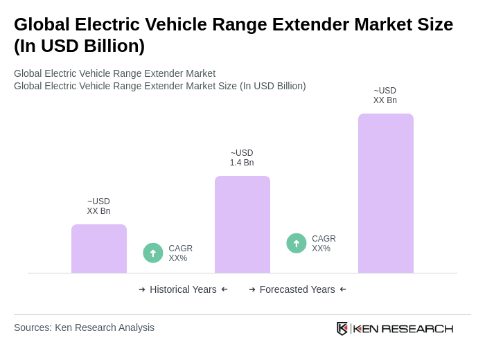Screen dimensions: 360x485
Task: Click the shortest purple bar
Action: (x=99, y=249)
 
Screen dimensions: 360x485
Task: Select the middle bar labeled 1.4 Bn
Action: (x=242, y=224)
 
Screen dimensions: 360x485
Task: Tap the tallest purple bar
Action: (x=385, y=193)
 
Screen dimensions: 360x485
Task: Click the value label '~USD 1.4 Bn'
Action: (x=242, y=158)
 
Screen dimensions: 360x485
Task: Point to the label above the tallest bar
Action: (x=385, y=96)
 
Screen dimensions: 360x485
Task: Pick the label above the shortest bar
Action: (x=98, y=206)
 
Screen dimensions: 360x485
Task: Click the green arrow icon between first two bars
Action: (x=153, y=253)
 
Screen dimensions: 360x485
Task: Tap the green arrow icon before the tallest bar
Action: (x=297, y=243)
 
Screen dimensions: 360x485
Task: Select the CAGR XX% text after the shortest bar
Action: (x=180, y=253)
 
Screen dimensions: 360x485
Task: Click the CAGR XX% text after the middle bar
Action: (x=324, y=244)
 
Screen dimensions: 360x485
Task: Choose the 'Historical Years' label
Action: (x=183, y=289)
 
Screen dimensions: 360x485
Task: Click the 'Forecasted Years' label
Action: (x=297, y=289)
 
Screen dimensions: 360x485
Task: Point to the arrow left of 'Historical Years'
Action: (x=142, y=289)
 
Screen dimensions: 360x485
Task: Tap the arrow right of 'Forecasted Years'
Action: (x=343, y=289)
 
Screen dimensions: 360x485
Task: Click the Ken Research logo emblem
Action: (x=342, y=328)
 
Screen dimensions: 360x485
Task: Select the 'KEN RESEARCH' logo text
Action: (x=403, y=328)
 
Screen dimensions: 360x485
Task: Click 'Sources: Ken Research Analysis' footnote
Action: (x=84, y=327)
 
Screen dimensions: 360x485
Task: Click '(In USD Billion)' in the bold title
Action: (x=79, y=46)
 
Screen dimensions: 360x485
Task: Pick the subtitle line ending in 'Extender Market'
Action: (x=114, y=73)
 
